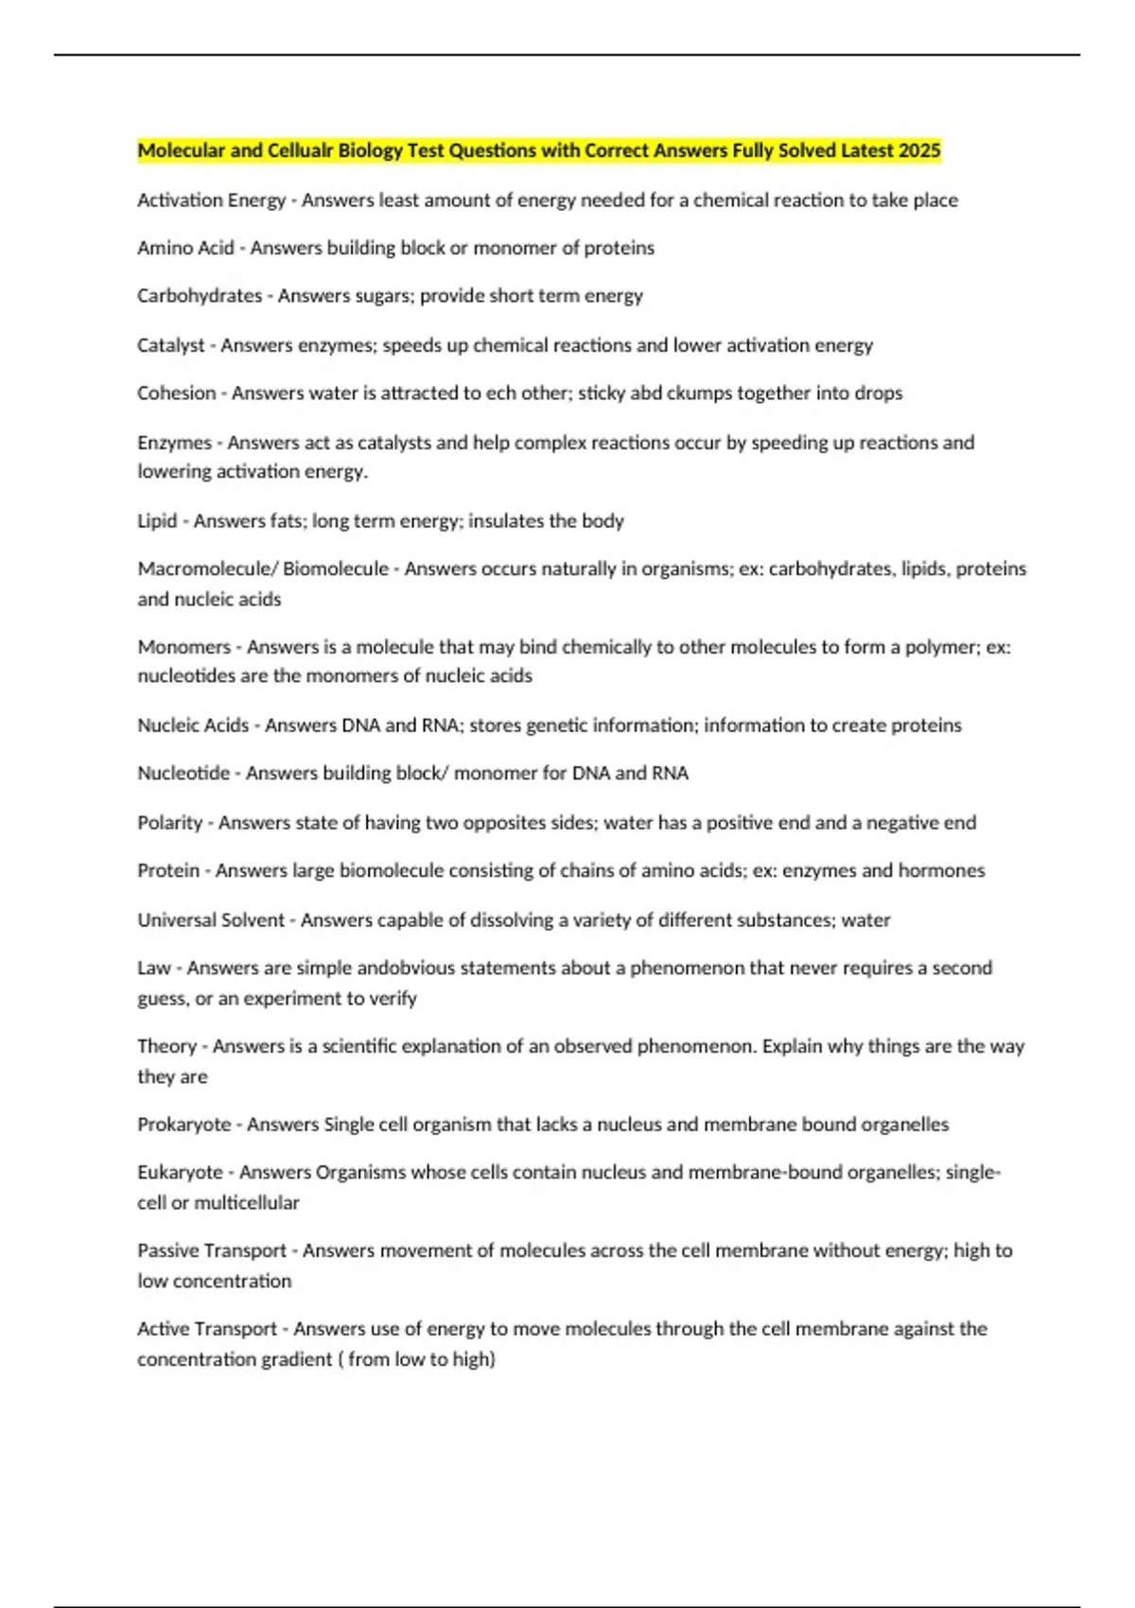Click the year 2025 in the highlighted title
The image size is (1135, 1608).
coord(919,150)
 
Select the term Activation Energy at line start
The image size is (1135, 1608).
coord(211,201)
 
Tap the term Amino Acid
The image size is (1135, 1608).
coord(185,248)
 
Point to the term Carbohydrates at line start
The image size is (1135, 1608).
coord(200,296)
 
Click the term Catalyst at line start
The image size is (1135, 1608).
coord(170,345)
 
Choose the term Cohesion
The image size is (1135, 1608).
coord(176,393)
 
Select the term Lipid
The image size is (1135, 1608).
coord(157,521)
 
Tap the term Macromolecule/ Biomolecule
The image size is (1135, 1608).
coord(263,569)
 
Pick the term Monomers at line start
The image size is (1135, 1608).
coord(183,647)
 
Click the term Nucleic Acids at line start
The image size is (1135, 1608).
coord(193,725)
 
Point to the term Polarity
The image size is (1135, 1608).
coord(169,823)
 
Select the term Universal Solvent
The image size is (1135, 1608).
coord(210,920)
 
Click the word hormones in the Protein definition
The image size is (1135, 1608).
coord(943,871)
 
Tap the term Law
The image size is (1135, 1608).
coord(153,969)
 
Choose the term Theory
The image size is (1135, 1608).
coord(166,1047)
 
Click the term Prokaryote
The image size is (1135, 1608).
coord(183,1125)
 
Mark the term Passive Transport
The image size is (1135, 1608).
coord(211,1250)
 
